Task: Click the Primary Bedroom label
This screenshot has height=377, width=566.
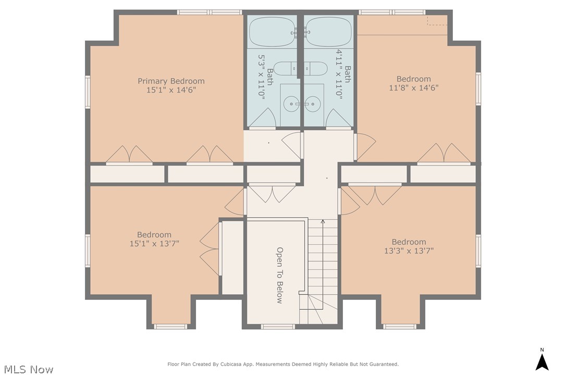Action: (x=171, y=81)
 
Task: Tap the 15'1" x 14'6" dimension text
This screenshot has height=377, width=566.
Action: (x=171, y=90)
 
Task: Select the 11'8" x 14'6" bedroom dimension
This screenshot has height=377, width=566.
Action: (x=414, y=87)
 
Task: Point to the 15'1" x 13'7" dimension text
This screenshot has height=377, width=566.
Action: (x=154, y=244)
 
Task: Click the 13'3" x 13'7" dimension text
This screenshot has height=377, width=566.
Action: (x=409, y=251)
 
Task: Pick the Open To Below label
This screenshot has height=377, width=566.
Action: (x=279, y=275)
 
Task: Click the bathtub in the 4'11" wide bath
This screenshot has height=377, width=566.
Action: (x=328, y=31)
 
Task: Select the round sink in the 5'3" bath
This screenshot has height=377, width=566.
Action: (x=291, y=104)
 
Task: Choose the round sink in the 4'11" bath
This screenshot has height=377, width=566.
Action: (x=313, y=104)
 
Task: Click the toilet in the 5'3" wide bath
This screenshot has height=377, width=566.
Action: (x=285, y=69)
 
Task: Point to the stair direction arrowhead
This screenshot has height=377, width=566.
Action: (x=323, y=221)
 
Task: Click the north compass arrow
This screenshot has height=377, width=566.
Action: (x=542, y=362)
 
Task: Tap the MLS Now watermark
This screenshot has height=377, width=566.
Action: (x=29, y=369)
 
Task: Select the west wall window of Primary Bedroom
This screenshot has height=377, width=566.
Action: (x=88, y=92)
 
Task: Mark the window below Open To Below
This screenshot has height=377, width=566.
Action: (x=278, y=327)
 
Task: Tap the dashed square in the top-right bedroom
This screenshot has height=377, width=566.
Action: (x=437, y=20)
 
